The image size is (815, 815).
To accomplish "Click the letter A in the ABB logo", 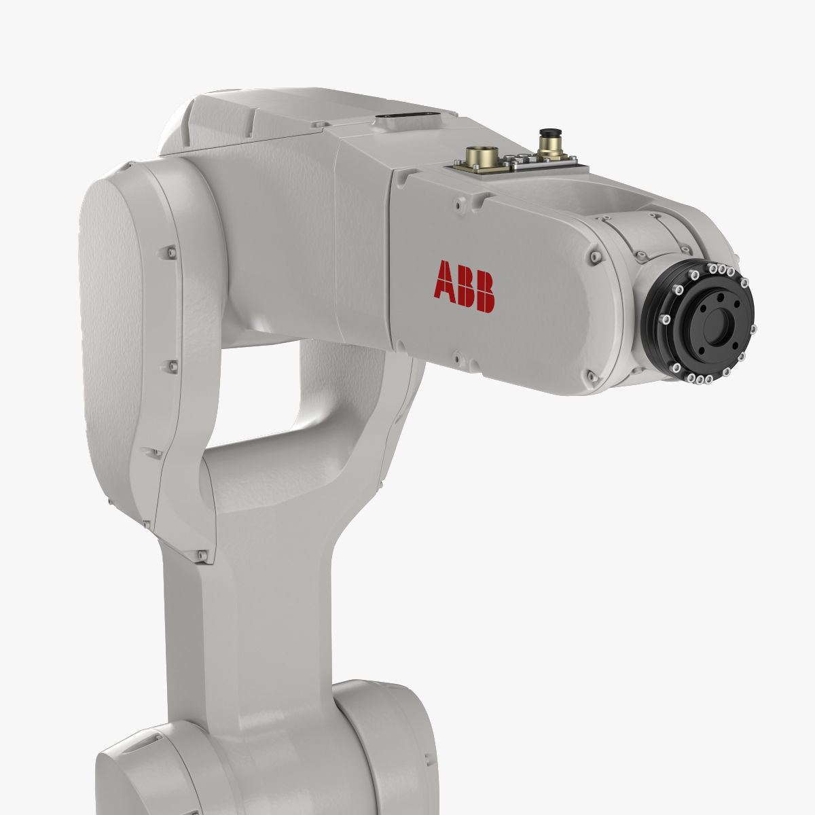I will pos(446,280).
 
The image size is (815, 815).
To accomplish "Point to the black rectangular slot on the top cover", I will pos(407,116).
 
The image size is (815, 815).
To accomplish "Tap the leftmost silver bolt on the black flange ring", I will pos(666,319).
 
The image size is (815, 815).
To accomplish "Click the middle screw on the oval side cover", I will pos(172,367).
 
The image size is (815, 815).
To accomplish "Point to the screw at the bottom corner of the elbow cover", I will pos(201,556).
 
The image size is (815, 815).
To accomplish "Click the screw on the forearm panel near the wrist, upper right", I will pos(596,256).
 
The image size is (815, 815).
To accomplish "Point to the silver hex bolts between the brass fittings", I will pos(520,160).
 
